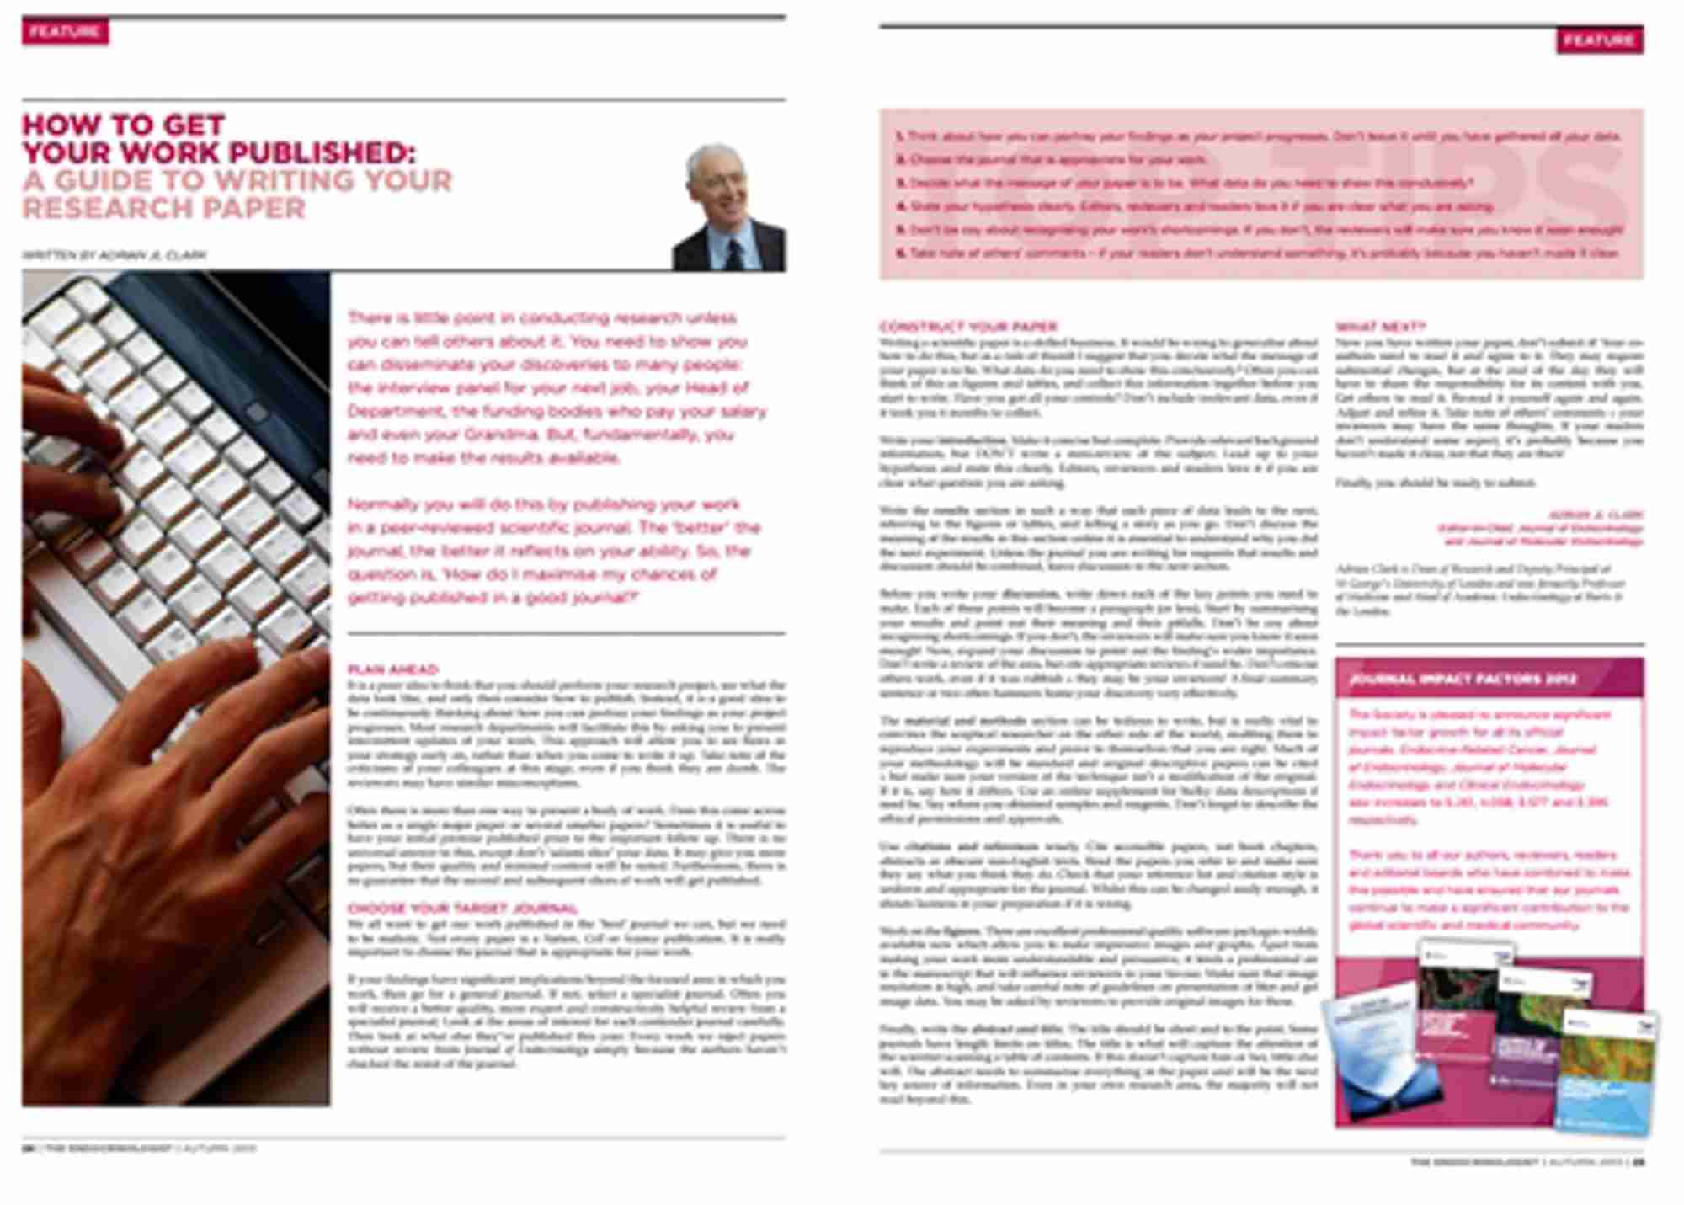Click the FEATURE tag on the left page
pos(65,32)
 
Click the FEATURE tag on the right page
pos(1599,40)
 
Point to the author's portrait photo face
pos(714,181)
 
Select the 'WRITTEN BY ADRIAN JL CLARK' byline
pos(115,254)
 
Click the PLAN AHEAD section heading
pos(393,669)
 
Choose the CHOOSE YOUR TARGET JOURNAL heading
pos(462,909)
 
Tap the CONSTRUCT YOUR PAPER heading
pos(968,326)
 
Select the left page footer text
pos(139,1148)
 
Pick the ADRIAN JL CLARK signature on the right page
pos(1595,515)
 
